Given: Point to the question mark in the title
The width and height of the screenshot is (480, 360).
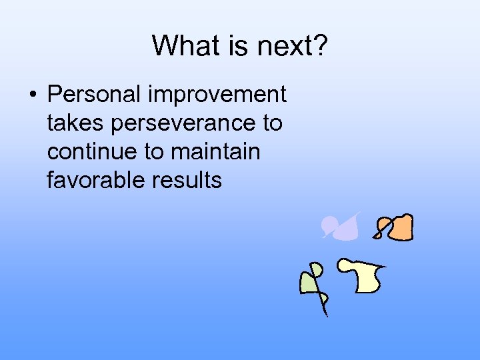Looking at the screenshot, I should [x=319, y=46].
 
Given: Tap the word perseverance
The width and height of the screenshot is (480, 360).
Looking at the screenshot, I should [x=183, y=123].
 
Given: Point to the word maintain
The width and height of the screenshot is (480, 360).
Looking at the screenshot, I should [x=215, y=151].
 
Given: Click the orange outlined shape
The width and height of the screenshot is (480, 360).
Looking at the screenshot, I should [x=399, y=228].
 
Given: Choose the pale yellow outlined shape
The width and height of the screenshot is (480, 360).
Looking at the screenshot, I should [x=365, y=277].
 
